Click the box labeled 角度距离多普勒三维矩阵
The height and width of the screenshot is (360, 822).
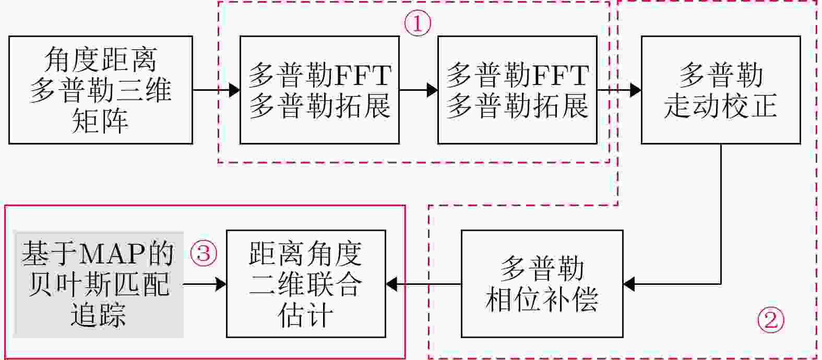click(101, 90)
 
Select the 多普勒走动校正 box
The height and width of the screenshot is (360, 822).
click(720, 90)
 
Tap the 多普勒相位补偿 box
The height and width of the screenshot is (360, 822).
click(542, 284)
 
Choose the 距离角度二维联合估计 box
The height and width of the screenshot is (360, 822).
click(305, 284)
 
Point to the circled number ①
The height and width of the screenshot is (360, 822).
click(418, 23)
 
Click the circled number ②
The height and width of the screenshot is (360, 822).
click(770, 319)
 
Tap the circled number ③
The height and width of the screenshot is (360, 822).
click(203, 254)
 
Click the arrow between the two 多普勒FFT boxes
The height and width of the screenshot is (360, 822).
click(418, 90)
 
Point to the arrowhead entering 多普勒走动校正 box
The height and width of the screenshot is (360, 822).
click(635, 90)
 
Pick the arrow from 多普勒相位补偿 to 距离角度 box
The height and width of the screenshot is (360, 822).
click(423, 284)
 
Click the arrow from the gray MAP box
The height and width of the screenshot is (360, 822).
click(205, 284)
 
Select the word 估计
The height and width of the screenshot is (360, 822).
click(305, 315)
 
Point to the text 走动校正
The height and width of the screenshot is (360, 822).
click(720, 105)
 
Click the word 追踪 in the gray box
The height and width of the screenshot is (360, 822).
click(99, 315)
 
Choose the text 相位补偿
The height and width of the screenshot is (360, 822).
click(542, 299)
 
